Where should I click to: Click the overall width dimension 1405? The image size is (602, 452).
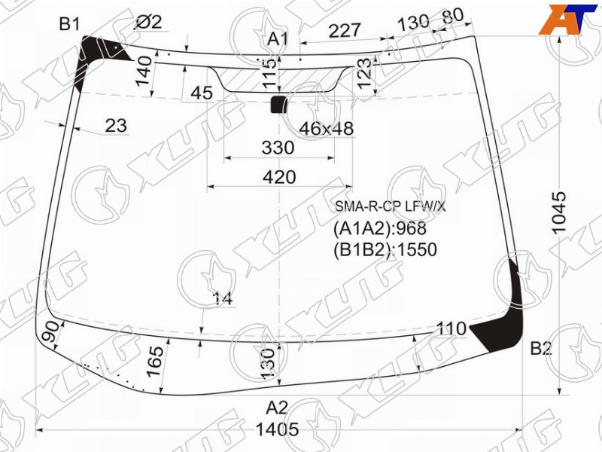point(277,429)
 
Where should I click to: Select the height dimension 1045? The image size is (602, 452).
point(559,212)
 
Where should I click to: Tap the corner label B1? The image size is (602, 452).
point(69,24)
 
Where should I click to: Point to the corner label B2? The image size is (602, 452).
point(540,349)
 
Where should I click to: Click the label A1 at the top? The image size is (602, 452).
point(278,39)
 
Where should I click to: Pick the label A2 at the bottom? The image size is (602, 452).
point(277,408)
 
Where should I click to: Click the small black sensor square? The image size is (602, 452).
point(279,105)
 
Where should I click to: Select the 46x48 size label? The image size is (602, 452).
point(326,129)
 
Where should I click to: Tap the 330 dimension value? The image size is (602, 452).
point(278,148)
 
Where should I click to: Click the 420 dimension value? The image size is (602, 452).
point(279,177)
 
